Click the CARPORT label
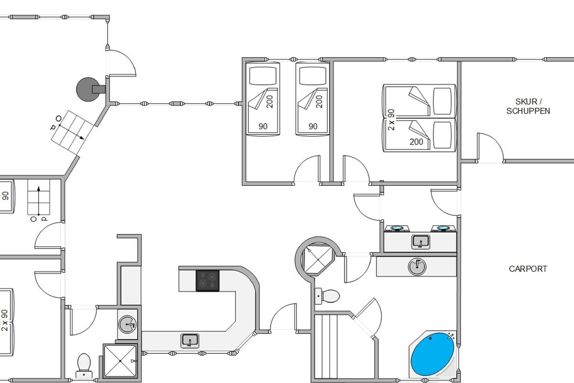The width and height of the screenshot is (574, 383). click(528, 269)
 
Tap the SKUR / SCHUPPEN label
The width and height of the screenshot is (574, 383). click(528, 106)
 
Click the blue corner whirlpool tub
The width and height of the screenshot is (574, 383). click(432, 354)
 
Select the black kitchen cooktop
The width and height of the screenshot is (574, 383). click(208, 281)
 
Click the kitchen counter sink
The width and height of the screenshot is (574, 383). click(189, 341)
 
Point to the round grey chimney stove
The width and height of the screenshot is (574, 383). click(88, 89)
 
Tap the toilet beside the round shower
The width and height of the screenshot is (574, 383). click(328, 296)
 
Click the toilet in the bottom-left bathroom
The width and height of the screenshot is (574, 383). click(84, 366)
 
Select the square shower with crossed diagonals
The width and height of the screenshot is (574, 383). click(120, 361)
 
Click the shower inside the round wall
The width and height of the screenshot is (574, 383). click(318, 259)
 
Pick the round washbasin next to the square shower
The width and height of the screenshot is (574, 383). click(127, 325)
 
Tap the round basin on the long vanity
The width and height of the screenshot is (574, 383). click(417, 267)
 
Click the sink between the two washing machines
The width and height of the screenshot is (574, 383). click(420, 242)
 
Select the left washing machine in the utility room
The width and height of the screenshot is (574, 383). click(397, 228)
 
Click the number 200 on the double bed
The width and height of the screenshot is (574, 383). click(416, 142)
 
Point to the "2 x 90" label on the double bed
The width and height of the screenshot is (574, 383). click(391, 120)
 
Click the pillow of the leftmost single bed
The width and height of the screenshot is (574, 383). click(263, 76)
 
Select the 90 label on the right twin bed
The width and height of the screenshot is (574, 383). click(313, 126)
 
